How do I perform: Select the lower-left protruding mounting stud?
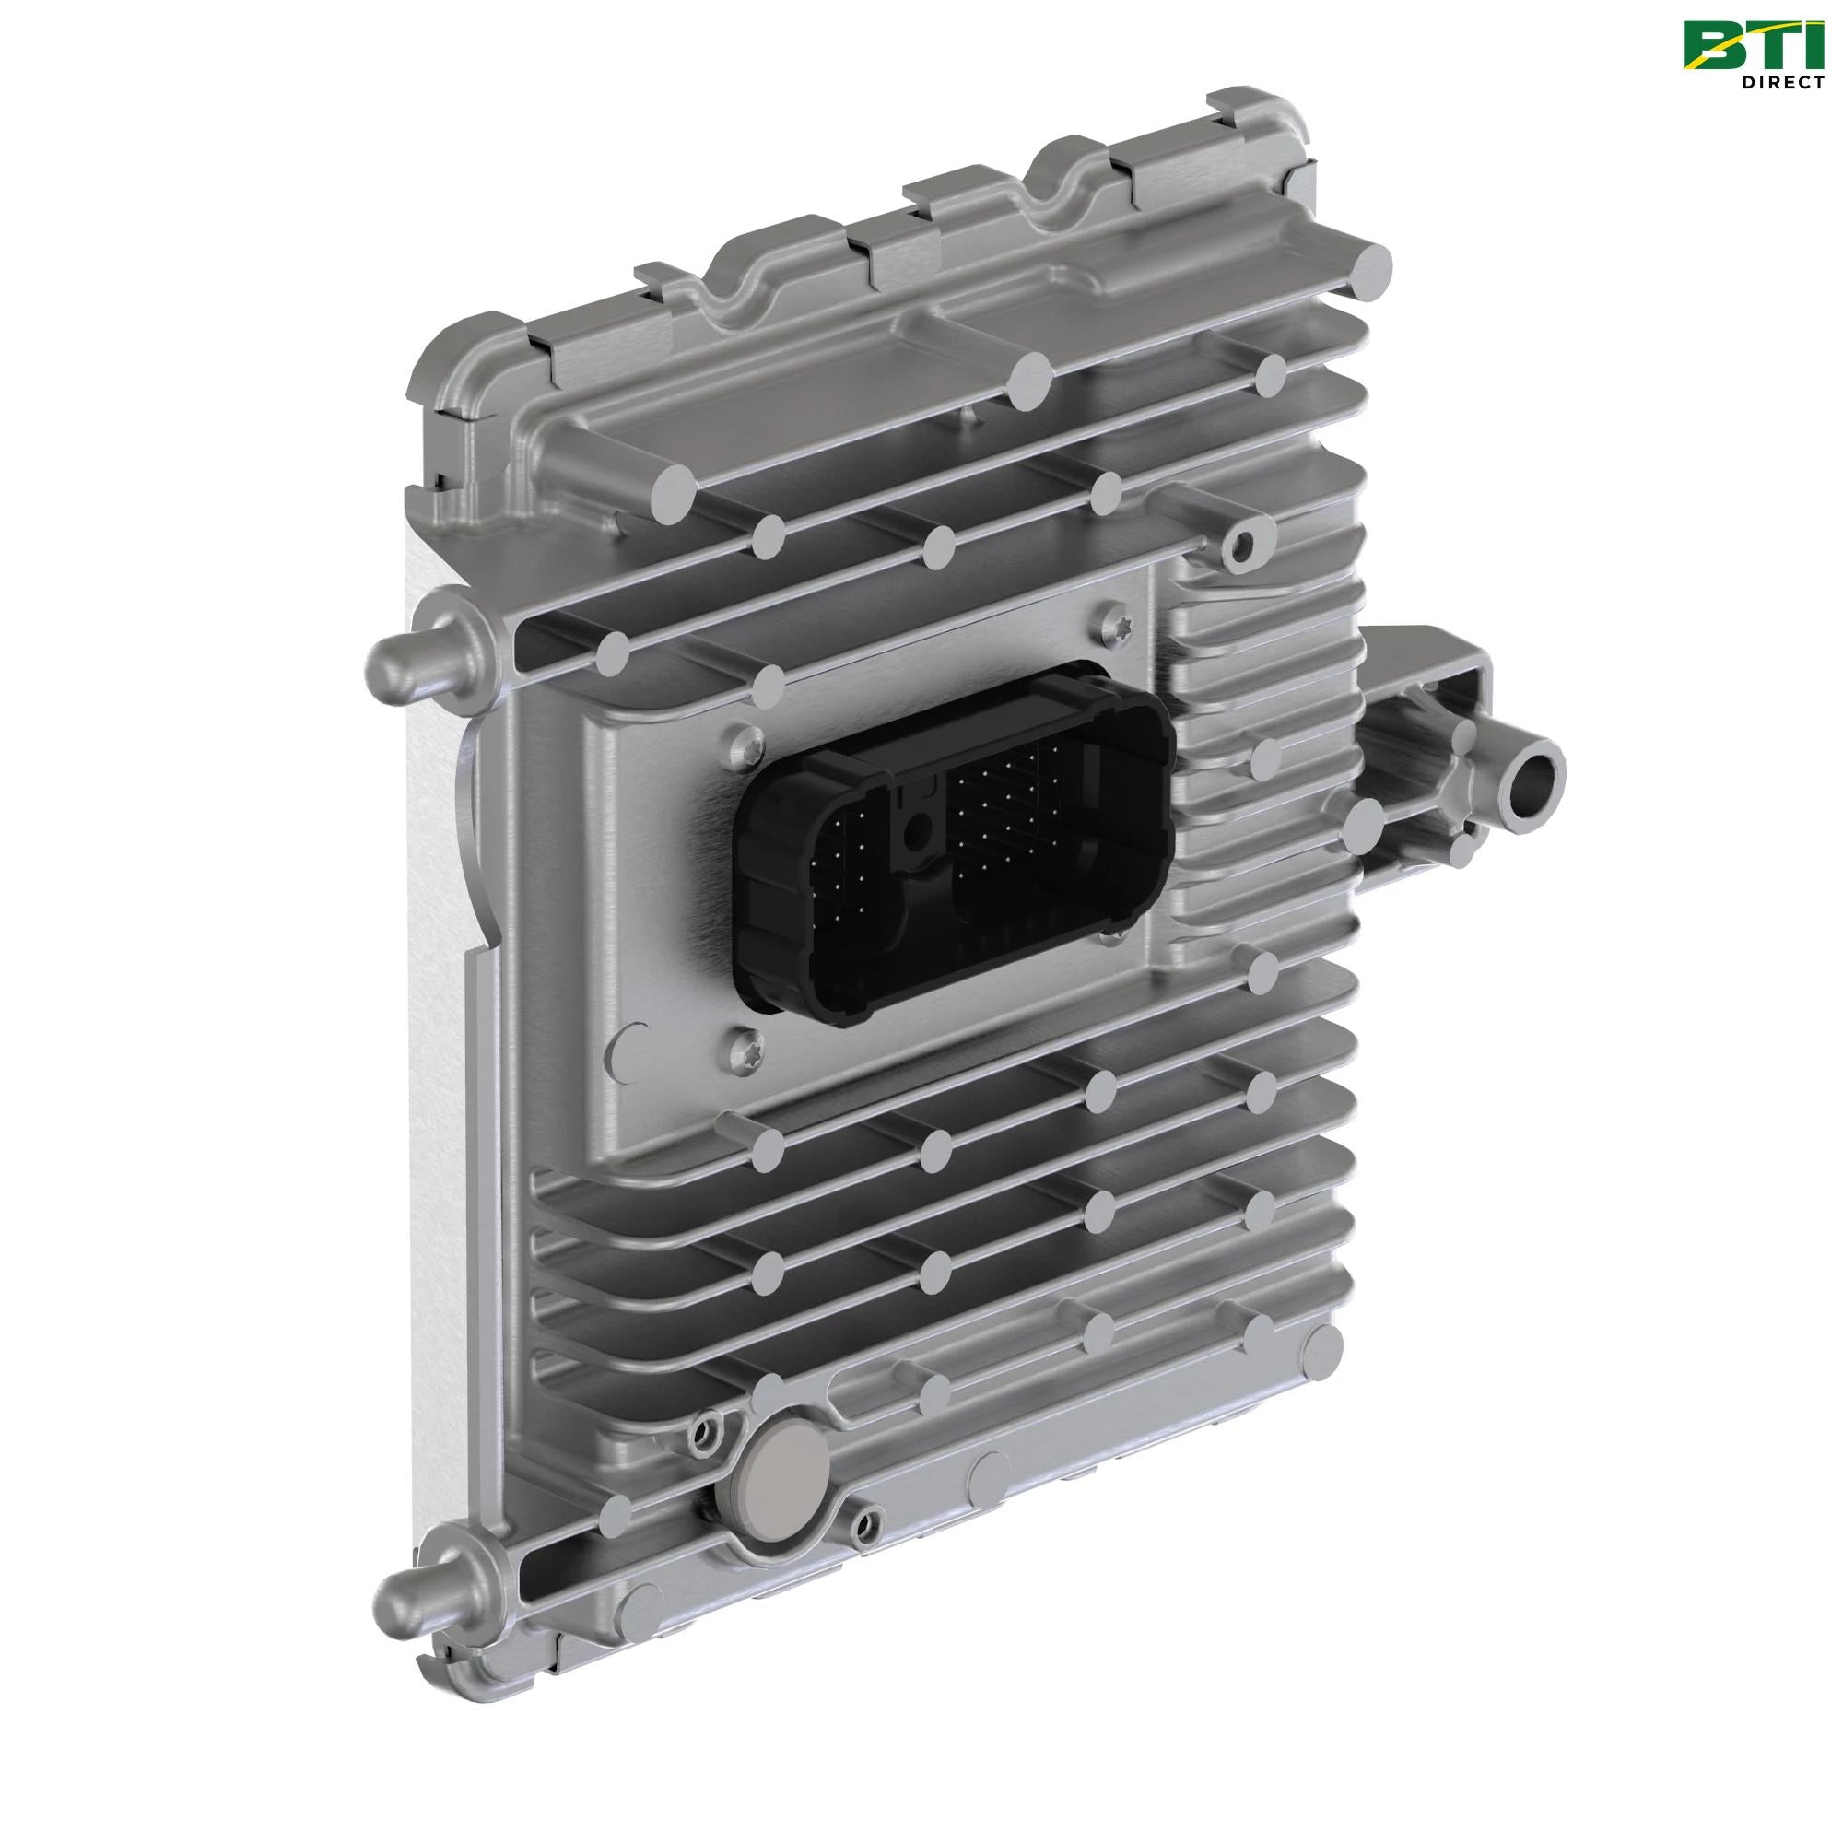click(x=399, y=1592)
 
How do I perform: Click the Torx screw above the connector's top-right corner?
click(x=1119, y=625)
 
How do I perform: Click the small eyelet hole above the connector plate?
click(x=1242, y=546)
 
